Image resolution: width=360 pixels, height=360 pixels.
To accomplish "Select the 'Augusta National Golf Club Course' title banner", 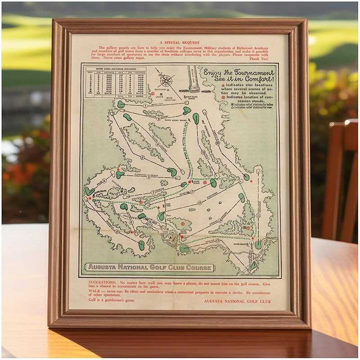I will point(150,267).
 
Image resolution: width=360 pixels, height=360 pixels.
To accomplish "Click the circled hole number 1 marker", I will point(145,93).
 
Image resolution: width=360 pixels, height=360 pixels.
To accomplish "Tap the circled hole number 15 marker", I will point(199,203).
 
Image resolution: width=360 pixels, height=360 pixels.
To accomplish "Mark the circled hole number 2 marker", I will point(141,158).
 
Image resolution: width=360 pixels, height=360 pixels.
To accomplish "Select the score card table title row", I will point(115,68).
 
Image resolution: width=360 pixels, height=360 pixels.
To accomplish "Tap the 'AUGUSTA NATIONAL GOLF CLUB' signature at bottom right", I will point(237,301).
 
